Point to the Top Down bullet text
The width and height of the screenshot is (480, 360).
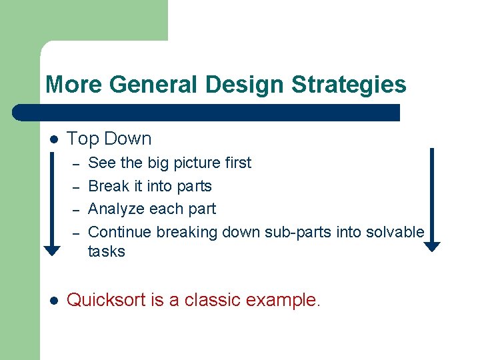[109, 139]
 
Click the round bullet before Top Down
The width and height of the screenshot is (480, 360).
[54, 139]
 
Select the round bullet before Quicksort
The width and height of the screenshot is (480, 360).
[54, 301]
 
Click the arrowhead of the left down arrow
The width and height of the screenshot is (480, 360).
[52, 251]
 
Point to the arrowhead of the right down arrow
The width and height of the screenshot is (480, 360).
[432, 246]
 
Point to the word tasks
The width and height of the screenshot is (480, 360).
[106, 251]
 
